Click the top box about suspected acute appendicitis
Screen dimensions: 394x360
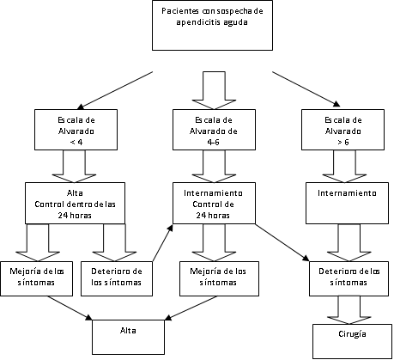(212, 25)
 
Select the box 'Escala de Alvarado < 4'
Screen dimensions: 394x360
(76, 130)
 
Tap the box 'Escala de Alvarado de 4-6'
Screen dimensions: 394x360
(214, 130)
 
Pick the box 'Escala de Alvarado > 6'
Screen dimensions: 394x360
(342, 130)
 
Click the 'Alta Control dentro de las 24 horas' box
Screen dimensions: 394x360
(75, 203)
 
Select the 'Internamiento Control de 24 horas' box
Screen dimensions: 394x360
(214, 203)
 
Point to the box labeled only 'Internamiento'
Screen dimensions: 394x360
(347, 203)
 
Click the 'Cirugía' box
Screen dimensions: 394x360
(352, 341)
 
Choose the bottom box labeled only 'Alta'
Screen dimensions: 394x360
(128, 337)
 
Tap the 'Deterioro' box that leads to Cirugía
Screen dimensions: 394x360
(349, 278)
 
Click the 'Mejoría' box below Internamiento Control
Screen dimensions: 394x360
(219, 278)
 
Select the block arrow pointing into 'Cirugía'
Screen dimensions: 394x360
(349, 310)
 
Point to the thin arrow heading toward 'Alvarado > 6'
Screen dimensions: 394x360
(306, 89)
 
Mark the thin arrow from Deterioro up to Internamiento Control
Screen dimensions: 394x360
(163, 243)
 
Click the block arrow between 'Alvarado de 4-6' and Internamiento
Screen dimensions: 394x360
(214, 166)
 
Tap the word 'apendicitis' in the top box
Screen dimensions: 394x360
(193, 22)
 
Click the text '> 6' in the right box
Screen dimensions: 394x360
(342, 142)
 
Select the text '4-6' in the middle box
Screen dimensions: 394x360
(214, 142)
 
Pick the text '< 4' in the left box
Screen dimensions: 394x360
(76, 142)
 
